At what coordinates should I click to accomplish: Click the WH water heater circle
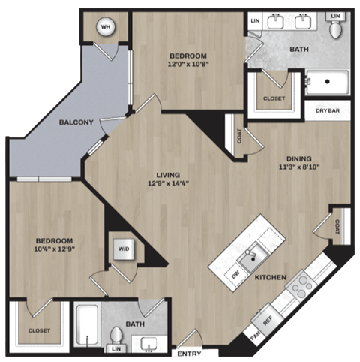coord(105,29)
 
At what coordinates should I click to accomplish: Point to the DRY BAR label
coord(328,110)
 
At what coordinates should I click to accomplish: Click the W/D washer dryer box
coord(122,249)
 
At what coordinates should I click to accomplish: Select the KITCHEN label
coord(271,278)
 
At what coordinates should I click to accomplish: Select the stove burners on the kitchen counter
coord(302,285)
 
